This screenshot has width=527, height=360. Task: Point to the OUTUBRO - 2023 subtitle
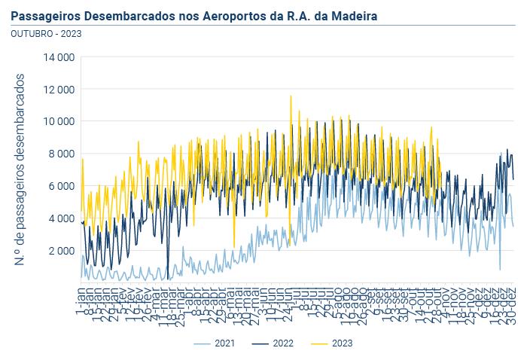(x=47, y=33)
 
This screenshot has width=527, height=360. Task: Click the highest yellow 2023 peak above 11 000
(x=290, y=96)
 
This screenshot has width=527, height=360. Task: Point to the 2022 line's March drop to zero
(x=168, y=278)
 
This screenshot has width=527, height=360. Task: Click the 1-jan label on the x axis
(x=81, y=293)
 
